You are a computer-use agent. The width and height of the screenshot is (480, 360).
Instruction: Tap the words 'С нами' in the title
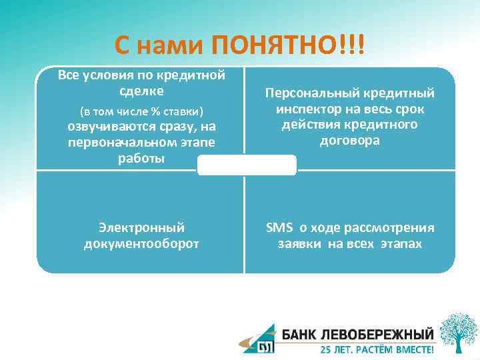[159, 46]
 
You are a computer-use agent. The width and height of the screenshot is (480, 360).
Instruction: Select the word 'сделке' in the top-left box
[141, 89]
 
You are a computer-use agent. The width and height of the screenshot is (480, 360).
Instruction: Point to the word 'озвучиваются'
[127, 127]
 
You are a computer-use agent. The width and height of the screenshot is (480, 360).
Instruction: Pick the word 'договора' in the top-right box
[350, 141]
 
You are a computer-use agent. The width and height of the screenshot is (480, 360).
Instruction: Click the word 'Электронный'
[141, 228]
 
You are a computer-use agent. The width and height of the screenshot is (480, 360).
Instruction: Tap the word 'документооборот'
[141, 244]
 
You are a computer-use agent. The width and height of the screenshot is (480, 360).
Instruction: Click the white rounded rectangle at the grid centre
[247, 165]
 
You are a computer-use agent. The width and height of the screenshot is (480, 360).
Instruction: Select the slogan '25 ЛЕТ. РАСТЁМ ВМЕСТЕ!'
[377, 349]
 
